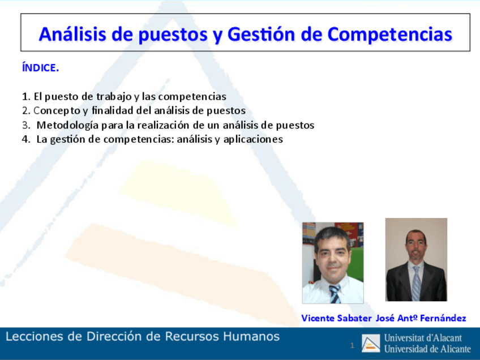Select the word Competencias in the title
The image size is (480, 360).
(389, 35)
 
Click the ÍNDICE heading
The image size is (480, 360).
(40, 67)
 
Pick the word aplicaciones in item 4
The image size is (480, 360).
(253, 140)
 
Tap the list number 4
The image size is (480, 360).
(25, 139)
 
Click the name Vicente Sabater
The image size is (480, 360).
(336, 318)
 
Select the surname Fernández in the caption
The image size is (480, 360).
(443, 318)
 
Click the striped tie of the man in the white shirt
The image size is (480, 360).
(335, 294)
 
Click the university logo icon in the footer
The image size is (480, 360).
(371, 343)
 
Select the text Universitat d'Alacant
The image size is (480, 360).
(423, 338)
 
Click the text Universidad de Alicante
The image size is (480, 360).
(428, 349)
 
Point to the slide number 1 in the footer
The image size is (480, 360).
(352, 346)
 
